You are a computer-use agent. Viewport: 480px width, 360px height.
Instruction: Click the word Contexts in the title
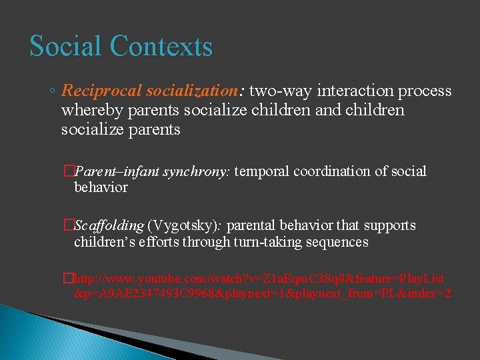(161, 47)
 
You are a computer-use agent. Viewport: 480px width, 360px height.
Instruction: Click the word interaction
(349, 91)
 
